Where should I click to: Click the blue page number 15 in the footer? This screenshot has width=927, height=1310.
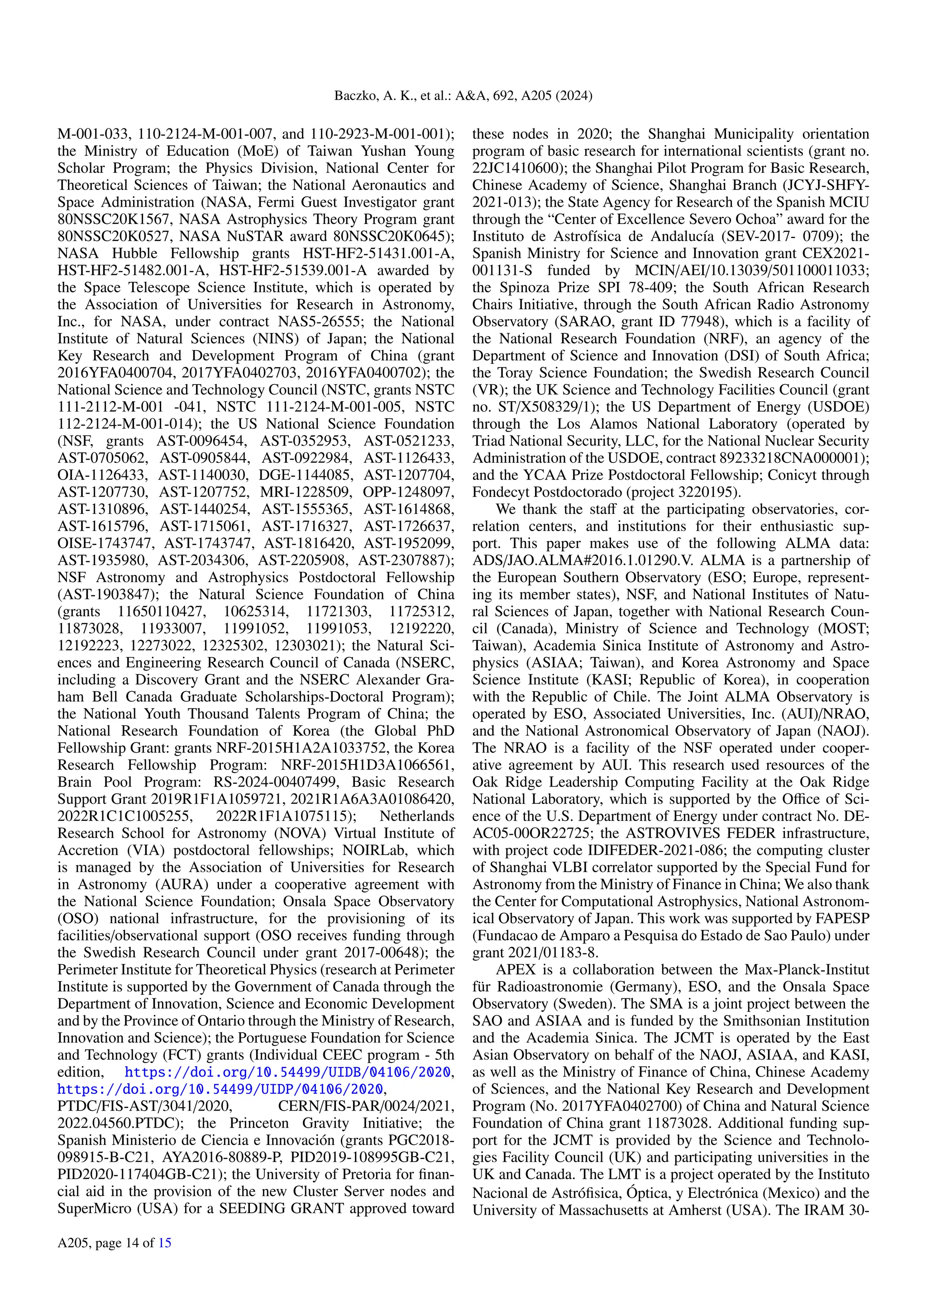coord(165,1242)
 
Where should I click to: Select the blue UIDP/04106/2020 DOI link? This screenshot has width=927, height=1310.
coord(220,1089)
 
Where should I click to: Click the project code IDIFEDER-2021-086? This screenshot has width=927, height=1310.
coord(655,850)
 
